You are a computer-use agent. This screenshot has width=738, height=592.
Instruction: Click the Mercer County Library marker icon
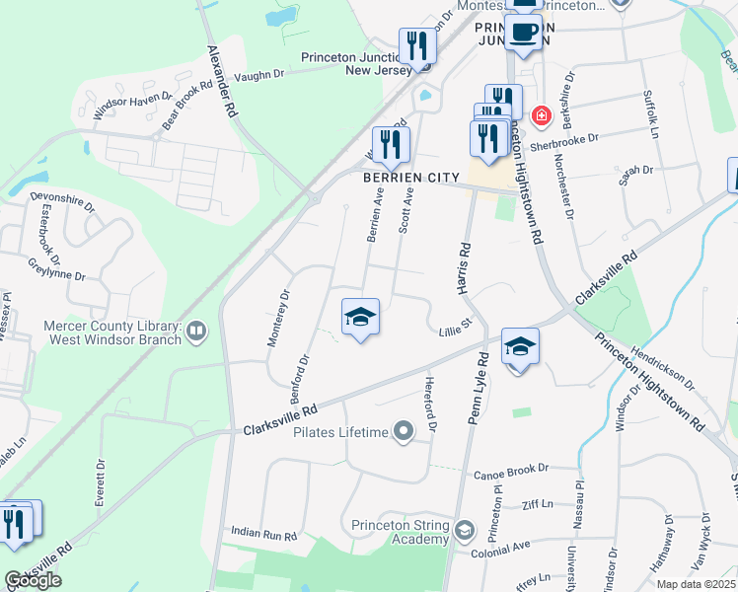coord(196,332)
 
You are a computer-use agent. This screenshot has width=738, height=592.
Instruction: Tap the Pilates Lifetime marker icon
coord(403,432)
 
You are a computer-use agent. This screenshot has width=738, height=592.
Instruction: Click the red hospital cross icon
coord(541,116)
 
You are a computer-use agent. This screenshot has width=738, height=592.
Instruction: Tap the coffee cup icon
coord(523,33)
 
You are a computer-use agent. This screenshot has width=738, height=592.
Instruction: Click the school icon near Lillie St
coord(360,318)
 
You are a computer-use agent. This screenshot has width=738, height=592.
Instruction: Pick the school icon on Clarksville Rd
coord(520,347)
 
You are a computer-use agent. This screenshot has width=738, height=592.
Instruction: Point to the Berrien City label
coord(411,178)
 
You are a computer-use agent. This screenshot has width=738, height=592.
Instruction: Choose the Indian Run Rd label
coord(263,534)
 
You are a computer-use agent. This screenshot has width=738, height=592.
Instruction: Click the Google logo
coord(34,580)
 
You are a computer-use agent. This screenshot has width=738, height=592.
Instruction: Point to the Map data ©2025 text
coord(696,584)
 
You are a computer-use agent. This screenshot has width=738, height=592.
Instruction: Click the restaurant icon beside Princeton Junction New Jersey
coord(416,45)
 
